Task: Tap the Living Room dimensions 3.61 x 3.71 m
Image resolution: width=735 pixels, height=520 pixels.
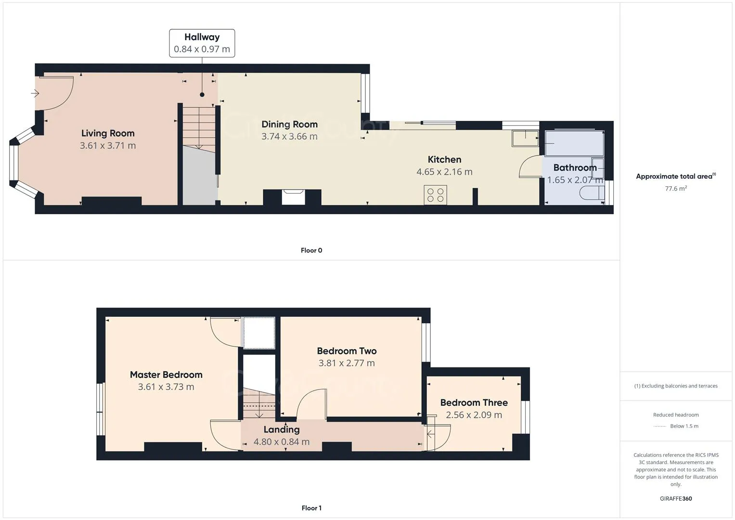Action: [108, 145]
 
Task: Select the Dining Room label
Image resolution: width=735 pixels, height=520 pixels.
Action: [289, 124]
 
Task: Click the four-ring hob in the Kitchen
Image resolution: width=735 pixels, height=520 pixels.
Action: [435, 195]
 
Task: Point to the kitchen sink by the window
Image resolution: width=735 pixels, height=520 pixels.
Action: [525, 138]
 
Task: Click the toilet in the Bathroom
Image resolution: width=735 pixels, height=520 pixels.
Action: [592, 193]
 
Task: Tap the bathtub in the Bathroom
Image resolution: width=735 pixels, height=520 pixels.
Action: [574, 143]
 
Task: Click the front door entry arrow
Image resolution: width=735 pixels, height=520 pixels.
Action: [35, 93]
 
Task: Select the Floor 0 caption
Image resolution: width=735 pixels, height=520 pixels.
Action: [311, 250]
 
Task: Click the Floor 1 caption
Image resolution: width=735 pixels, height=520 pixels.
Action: [311, 508]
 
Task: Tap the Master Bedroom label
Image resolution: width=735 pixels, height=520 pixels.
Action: [166, 375]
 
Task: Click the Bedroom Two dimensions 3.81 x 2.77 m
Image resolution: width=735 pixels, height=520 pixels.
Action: [347, 363]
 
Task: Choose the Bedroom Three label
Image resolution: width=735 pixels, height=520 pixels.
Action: [474, 403]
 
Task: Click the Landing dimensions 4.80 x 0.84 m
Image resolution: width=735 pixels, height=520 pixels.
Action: [282, 442]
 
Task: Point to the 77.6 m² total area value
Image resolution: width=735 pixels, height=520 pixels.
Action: [676, 189]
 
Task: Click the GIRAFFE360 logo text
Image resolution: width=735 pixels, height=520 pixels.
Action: [676, 498]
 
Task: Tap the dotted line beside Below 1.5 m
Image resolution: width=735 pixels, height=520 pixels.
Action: [659, 427]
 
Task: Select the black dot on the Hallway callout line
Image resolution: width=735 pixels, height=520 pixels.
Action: [202, 95]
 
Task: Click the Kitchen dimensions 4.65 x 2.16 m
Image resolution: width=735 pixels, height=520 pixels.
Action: [444, 171]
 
